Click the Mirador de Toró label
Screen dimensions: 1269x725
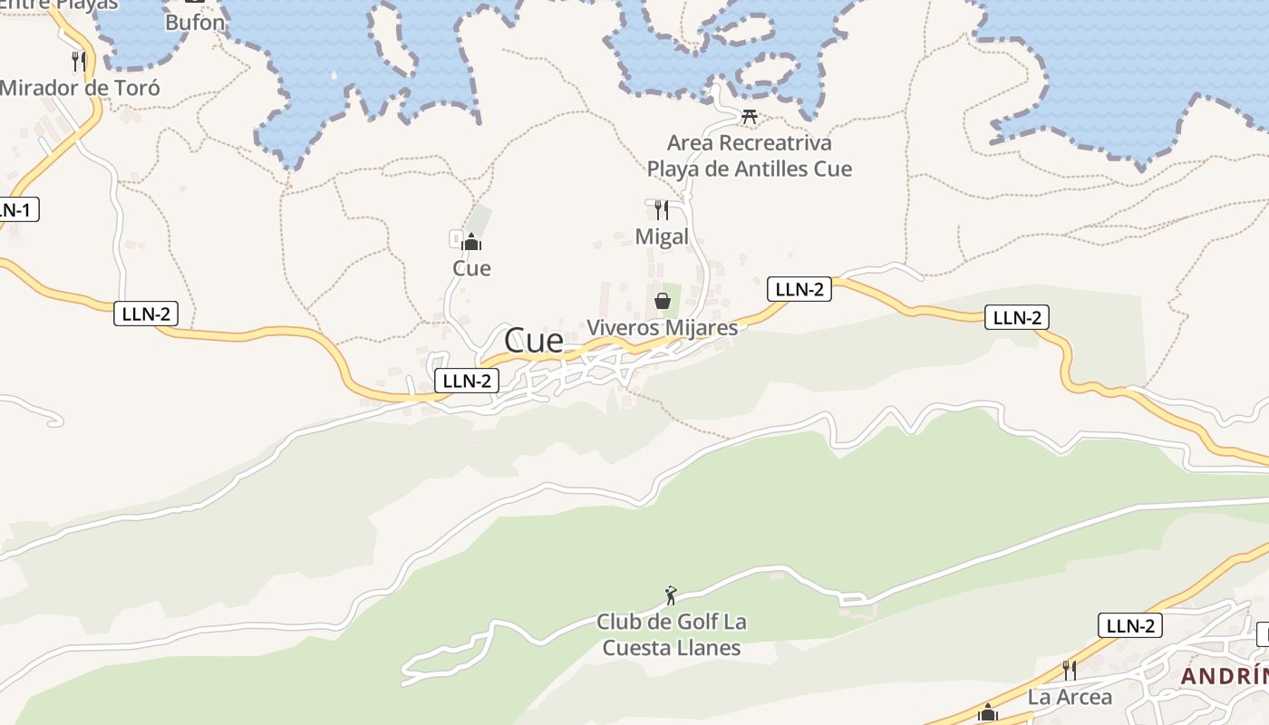80,88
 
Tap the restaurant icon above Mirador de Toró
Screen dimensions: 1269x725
79,61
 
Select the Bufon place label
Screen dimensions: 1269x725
195,23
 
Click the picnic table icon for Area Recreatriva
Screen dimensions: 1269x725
750,116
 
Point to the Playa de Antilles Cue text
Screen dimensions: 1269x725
749,169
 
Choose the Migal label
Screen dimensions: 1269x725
662,237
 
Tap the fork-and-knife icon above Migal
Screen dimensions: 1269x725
662,210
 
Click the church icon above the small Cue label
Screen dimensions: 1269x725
471,242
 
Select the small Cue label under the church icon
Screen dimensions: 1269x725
471,268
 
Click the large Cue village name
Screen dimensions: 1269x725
534,341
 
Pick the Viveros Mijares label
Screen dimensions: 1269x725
663,327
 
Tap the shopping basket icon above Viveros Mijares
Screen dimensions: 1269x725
663,301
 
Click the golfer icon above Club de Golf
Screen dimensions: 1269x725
671,595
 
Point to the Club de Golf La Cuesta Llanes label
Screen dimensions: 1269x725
672,634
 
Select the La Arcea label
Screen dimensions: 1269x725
1070,697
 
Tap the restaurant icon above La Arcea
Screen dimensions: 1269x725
1070,671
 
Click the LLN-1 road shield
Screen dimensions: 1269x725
15,210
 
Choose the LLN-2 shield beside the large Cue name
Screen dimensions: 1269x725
467,381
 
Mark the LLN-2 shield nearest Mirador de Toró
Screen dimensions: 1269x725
146,314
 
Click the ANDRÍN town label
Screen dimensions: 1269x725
1224,676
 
